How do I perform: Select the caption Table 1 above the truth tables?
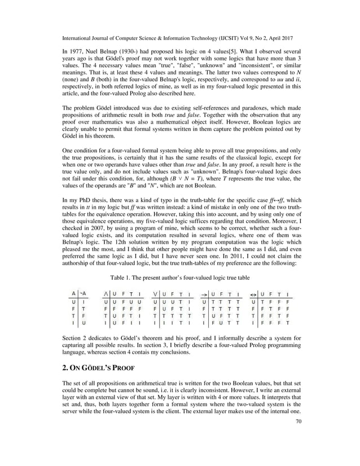coord(179,278)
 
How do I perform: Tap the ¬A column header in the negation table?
coord(84,293)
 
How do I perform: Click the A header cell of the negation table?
coord(73,293)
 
